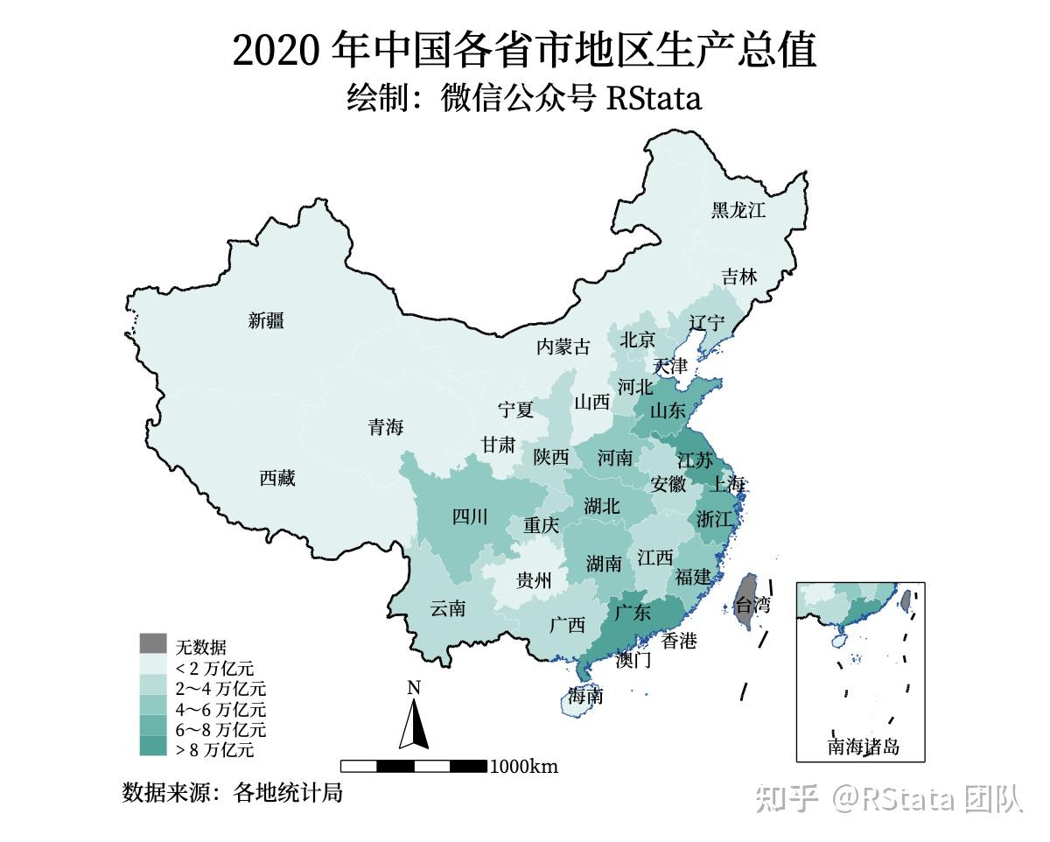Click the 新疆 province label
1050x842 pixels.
(x=266, y=321)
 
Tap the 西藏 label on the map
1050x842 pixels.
(x=277, y=479)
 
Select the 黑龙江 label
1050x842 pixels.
(x=738, y=210)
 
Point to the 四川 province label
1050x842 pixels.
(x=470, y=517)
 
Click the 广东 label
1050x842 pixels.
(x=633, y=613)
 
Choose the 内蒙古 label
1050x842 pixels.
(x=563, y=347)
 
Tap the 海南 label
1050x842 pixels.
(x=584, y=698)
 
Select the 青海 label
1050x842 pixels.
(x=386, y=428)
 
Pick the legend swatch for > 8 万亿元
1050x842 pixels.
(x=153, y=747)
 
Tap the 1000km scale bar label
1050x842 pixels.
(x=523, y=768)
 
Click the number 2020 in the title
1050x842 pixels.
(x=278, y=51)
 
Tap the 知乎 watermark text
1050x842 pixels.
(x=786, y=798)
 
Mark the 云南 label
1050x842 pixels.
(x=448, y=609)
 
